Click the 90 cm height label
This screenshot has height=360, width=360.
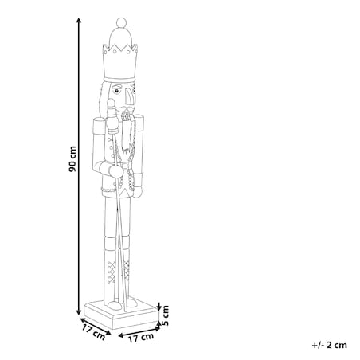pos(72,158)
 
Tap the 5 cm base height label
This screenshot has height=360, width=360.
pos(165,315)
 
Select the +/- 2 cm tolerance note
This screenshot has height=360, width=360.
pos(330,345)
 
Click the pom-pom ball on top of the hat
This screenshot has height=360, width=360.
pos(121,22)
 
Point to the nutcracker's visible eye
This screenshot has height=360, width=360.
pos(116,92)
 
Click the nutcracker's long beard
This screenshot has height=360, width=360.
pos(127,135)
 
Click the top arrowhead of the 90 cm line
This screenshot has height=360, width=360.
pos(79,20)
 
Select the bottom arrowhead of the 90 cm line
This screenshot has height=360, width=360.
pos(79,312)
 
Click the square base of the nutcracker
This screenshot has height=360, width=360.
pos(121,315)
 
